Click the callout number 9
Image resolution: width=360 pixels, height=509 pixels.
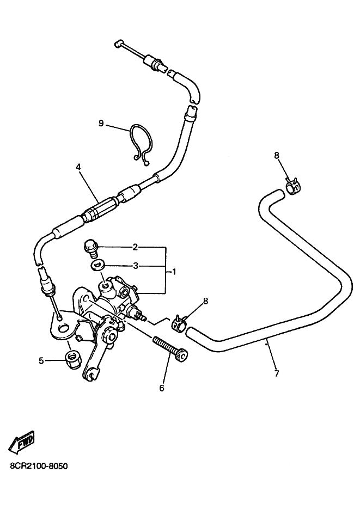pyautogui.click(x=101, y=124)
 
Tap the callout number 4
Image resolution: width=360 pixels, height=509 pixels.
pyautogui.click(x=78, y=167)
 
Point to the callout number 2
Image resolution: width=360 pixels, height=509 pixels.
pyautogui.click(x=135, y=248)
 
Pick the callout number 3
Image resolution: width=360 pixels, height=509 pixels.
pyautogui.click(x=136, y=266)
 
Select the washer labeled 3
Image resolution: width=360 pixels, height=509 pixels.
pyautogui.click(x=95, y=265)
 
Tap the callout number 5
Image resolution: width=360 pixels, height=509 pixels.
pyautogui.click(x=41, y=360)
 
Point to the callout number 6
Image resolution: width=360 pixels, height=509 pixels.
pyautogui.click(x=162, y=388)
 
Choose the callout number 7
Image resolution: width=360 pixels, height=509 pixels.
pyautogui.click(x=277, y=373)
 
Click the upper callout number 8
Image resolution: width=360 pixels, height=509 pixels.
pyautogui.click(x=277, y=156)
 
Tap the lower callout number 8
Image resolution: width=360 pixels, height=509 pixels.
pyautogui.click(x=205, y=301)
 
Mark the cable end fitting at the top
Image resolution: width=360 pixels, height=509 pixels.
pyautogui.click(x=117, y=43)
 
